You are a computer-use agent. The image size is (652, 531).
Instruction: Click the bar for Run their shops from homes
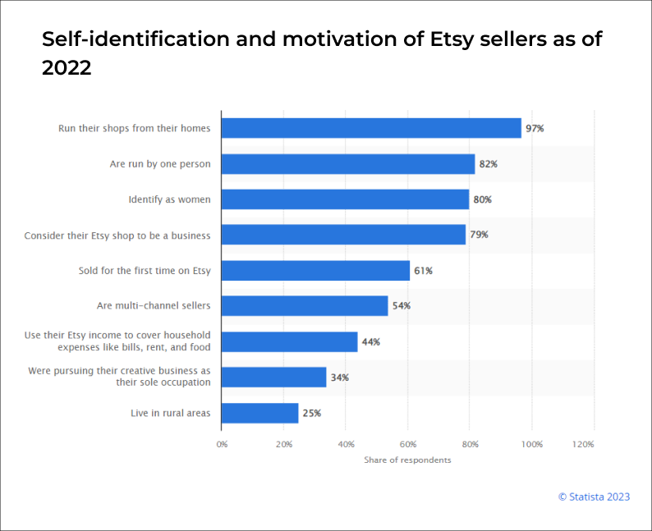click(x=371, y=128)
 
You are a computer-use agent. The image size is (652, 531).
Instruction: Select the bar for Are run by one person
click(x=348, y=164)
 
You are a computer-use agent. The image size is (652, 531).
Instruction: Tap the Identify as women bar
click(x=345, y=199)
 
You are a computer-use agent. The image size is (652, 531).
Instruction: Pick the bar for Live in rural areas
click(x=259, y=413)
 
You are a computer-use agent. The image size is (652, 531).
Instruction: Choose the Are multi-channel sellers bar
click(x=305, y=306)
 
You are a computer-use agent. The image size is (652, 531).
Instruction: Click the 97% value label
click(x=535, y=129)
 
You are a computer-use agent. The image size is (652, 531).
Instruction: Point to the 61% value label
click(x=423, y=271)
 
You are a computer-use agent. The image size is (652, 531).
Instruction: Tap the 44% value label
click(x=370, y=341)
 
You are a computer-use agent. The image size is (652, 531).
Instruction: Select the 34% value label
click(x=339, y=378)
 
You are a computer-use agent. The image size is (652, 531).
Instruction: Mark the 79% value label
click(x=479, y=235)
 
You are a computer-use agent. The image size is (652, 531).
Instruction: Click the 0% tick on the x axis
click(x=222, y=444)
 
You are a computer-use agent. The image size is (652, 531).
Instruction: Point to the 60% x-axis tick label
click(x=407, y=444)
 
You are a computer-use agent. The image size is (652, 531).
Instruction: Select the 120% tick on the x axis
click(x=583, y=444)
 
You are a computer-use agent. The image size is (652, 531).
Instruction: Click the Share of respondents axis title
click(x=407, y=460)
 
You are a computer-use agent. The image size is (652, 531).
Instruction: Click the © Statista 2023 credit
click(x=593, y=496)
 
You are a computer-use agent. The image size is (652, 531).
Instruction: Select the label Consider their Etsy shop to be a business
click(x=117, y=236)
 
